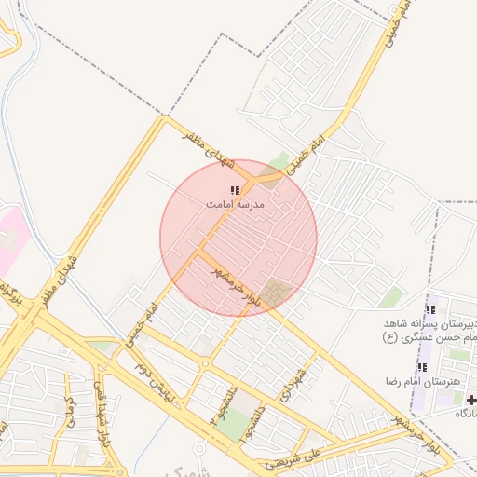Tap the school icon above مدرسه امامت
[234, 189]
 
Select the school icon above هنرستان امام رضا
[422, 368]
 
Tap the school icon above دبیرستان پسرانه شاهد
[429, 309]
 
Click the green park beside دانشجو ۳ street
[240, 421]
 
